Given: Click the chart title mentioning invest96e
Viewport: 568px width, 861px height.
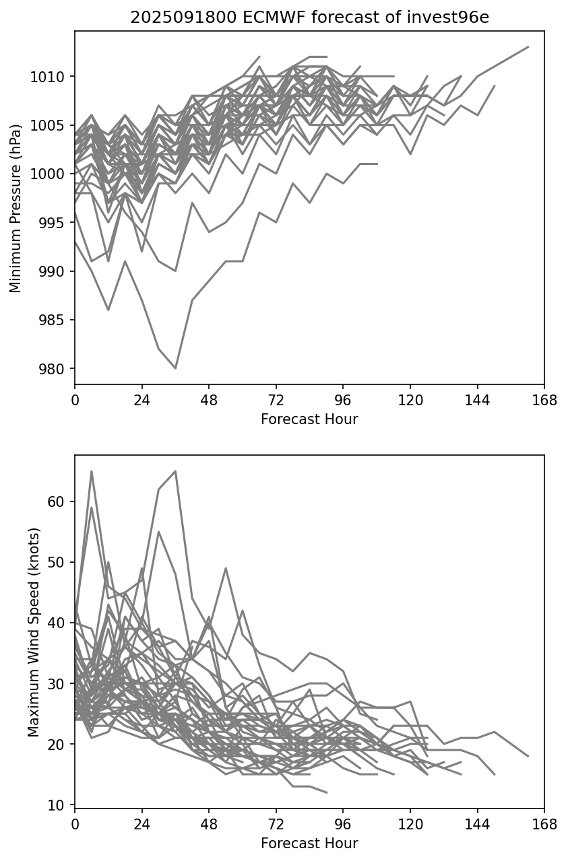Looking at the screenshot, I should [x=309, y=18].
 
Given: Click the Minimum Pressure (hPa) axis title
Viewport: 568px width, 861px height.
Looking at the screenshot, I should [x=15, y=208].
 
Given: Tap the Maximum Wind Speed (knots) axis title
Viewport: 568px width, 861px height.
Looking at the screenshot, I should [x=34, y=631].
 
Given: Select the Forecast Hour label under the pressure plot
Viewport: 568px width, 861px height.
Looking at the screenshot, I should [x=309, y=419].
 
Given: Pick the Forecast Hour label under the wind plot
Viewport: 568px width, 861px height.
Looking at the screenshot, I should [x=309, y=843].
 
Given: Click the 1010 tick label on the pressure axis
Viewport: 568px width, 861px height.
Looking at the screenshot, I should [x=52, y=77].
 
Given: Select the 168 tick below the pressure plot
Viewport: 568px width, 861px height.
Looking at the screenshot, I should [x=544, y=401].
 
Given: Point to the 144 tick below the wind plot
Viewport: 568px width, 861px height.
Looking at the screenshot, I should [x=478, y=824].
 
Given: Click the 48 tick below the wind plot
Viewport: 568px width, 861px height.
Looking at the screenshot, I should [x=209, y=824].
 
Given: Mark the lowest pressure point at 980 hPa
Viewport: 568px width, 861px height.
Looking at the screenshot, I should [x=175, y=368].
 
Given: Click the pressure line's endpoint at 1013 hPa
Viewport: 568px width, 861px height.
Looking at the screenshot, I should [x=528, y=47].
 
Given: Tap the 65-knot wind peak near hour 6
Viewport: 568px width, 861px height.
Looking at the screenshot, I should [x=92, y=471].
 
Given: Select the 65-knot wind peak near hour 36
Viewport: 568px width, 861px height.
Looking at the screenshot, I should [x=175, y=471].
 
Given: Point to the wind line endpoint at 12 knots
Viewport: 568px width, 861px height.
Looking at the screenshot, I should [x=326, y=792].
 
